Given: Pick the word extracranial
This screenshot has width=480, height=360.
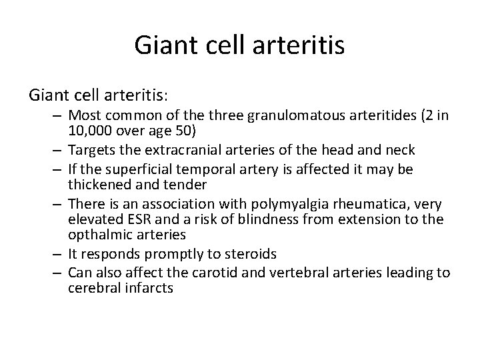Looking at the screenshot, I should tap(177, 149).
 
